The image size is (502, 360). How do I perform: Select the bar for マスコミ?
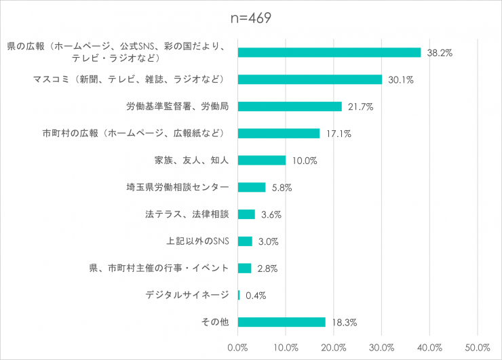tap(310, 79)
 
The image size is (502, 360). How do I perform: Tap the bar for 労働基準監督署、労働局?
tap(290, 106)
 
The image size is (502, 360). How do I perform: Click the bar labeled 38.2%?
tap(329, 52)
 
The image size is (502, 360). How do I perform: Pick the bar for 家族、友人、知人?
tap(262, 160)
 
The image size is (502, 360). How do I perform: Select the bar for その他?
tap(282, 322)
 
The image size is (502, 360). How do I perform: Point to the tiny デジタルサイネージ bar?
tap(239, 295)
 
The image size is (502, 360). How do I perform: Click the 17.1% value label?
tap(338, 134)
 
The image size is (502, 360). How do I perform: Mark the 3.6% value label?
tap(271, 214)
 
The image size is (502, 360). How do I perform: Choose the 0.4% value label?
tap(256, 296)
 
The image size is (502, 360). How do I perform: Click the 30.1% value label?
tap(400, 80)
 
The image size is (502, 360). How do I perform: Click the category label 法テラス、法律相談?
tap(187, 214)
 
